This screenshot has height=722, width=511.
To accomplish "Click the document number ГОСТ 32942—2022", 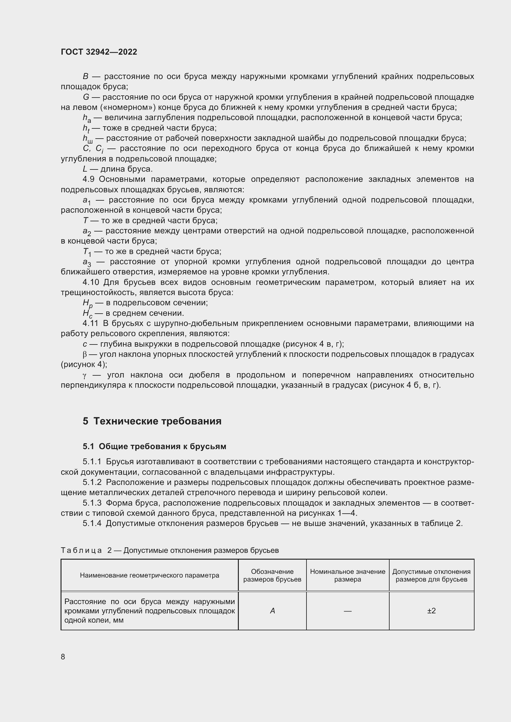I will pos(99,52).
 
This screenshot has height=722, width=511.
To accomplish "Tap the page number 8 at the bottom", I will pos(63,657).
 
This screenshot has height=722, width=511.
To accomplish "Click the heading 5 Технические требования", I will pos(152,421).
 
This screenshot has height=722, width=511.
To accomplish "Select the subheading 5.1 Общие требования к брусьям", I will pos(154,447).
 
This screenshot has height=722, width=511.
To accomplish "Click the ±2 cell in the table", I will pos(431,611).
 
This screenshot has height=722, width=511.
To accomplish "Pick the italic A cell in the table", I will pos(272,611).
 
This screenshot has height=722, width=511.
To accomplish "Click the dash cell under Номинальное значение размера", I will pos(347,611).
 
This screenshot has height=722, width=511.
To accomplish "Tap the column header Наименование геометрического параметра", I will pos(150,575).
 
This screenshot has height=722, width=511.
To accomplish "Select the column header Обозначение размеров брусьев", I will pos(272,575).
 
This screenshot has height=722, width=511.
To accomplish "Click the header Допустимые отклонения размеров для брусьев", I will pos(431,575).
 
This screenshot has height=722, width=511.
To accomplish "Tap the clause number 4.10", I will pos(91,282).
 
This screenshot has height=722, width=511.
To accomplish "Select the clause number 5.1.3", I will pos(92,503).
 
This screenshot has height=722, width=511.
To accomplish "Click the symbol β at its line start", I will pos(84,354).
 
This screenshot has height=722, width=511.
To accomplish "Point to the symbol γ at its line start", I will pos(84,375).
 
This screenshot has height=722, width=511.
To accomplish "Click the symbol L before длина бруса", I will pos(85,169).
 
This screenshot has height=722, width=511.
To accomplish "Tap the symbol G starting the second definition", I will pos(86,97).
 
